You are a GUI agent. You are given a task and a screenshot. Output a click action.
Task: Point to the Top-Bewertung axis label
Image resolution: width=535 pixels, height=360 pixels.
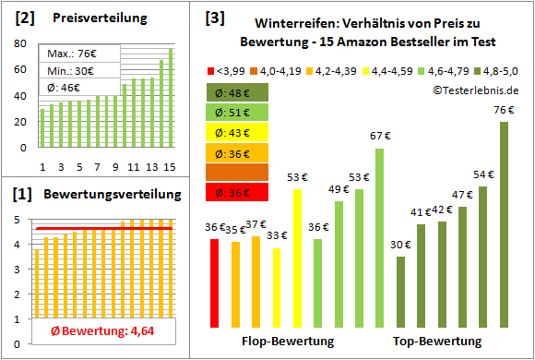pos(437,342)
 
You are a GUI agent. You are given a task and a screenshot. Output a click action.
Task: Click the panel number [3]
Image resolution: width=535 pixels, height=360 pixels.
pos(214,18)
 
